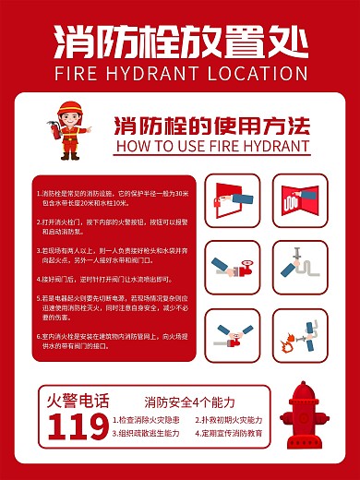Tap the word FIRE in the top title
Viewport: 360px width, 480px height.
coord(79,72)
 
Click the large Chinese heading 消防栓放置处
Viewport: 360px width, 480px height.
coord(179,41)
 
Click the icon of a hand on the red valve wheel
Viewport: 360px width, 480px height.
coord(232,268)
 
